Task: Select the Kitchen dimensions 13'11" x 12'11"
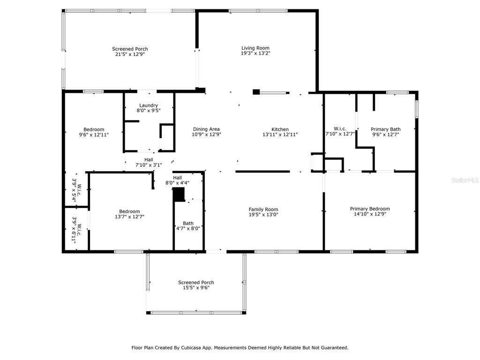pos(280,135)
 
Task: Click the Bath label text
pos(188,224)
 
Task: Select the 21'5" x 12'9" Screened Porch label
pos(130,52)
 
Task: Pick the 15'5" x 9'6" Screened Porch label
pos(196,285)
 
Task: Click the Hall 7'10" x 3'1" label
pos(149,162)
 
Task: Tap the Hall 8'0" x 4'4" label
pos(177,180)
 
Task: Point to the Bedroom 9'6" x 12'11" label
pos(94,132)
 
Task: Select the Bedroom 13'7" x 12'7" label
pos(129,214)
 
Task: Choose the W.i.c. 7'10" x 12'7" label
pos(340,131)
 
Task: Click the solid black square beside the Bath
pos(179,195)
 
